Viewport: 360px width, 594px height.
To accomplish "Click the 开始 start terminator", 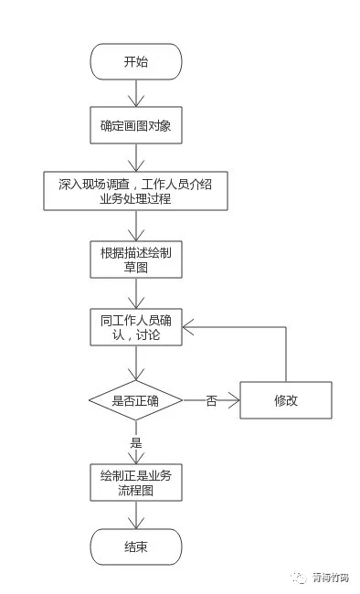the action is click(136, 62).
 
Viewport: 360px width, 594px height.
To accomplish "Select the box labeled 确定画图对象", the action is click(136, 125).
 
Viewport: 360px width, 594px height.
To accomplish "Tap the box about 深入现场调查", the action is click(135, 191).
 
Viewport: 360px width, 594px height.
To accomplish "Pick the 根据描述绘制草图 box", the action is click(136, 260).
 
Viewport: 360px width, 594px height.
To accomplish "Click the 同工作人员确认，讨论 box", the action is click(136, 327).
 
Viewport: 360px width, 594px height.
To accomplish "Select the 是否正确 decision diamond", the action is click(135, 400).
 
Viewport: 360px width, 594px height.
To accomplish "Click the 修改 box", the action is click(286, 400).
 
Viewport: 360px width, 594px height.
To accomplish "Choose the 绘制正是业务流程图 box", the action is click(136, 483).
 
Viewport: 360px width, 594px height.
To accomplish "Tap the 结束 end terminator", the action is click(136, 547).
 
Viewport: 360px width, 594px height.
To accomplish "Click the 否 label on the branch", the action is click(211, 401).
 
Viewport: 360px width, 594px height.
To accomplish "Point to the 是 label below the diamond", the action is click(136, 442).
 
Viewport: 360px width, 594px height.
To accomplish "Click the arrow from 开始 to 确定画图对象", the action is click(136, 93).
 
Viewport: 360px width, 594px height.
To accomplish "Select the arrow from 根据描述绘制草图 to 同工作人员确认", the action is click(136, 293).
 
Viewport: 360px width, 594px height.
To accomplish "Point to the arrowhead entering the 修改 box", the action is click(234, 400).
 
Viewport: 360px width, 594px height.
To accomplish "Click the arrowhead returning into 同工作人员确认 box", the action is click(188, 327).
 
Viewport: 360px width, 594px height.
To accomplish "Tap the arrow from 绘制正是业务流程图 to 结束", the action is click(136, 514).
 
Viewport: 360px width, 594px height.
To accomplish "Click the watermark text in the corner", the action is click(330, 578).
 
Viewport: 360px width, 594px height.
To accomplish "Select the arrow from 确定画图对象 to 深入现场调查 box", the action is click(136, 157).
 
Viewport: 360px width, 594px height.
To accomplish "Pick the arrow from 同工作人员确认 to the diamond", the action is click(136, 363).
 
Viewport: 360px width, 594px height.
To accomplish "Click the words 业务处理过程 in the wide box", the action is click(135, 198).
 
